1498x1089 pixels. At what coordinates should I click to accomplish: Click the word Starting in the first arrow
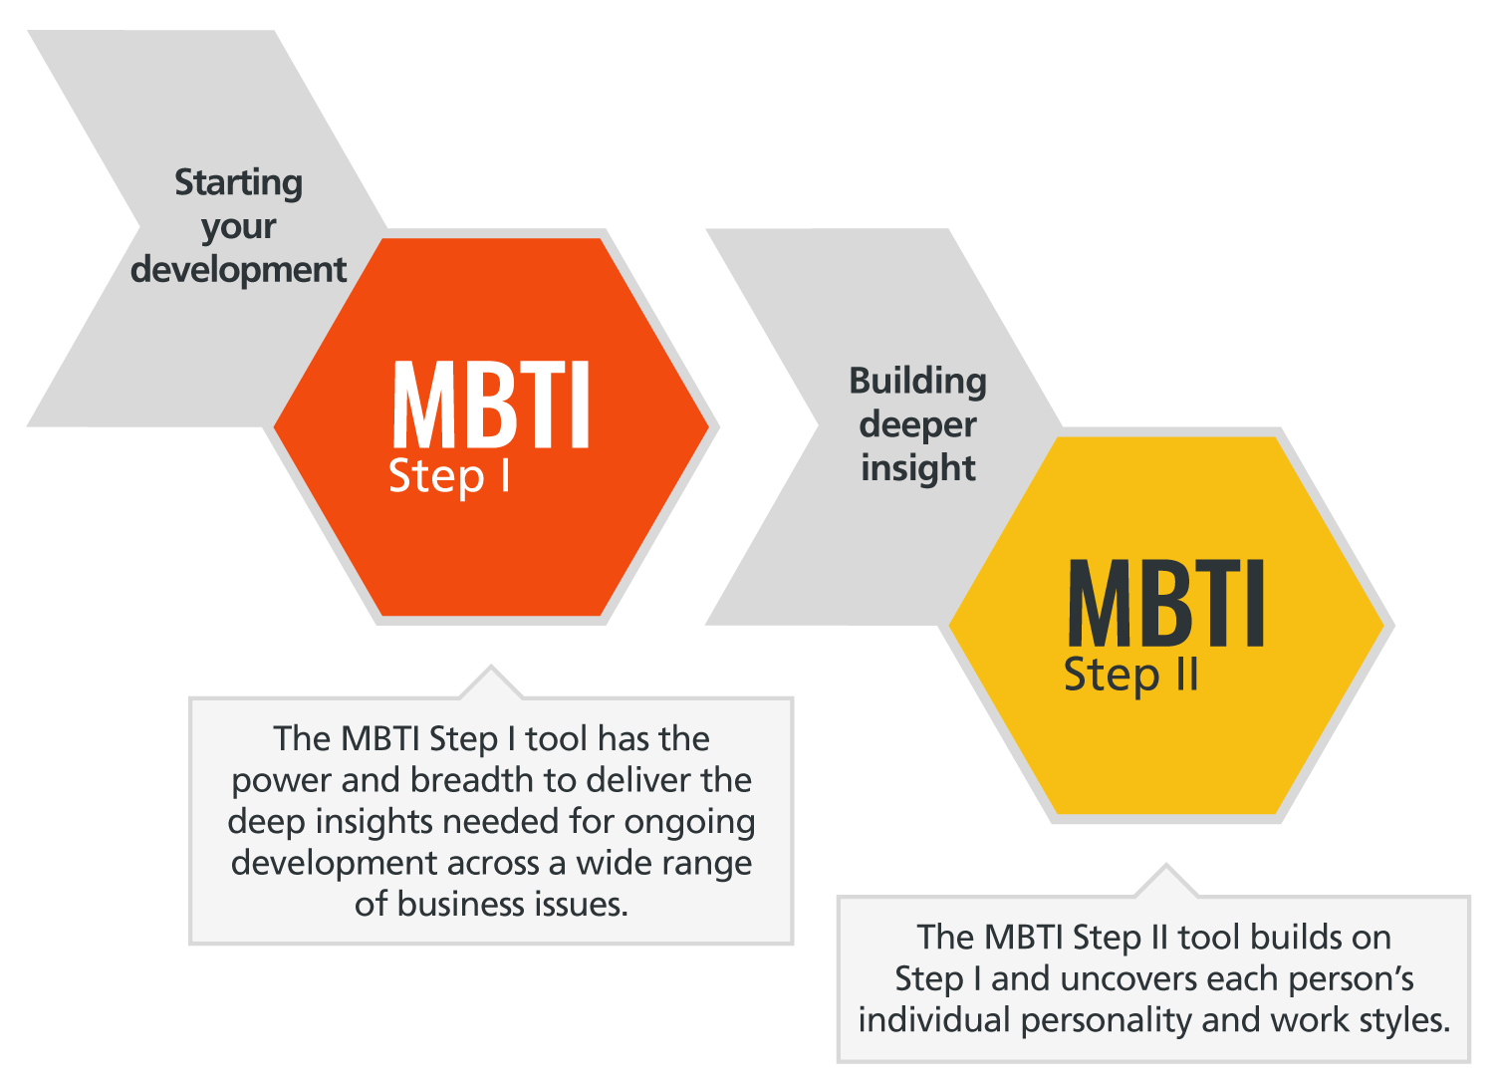pyautogui.click(x=238, y=183)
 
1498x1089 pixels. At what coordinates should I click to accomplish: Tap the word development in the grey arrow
pyautogui.click(x=238, y=270)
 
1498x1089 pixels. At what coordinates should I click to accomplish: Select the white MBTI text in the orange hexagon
pyautogui.click(x=491, y=406)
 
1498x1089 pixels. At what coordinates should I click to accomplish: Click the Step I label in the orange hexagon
pyautogui.click(x=449, y=477)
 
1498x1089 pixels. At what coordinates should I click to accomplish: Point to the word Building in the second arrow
pyautogui.click(x=917, y=382)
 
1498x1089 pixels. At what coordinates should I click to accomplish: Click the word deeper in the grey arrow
pyautogui.click(x=917, y=425)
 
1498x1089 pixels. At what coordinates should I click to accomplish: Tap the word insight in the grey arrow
pyautogui.click(x=917, y=468)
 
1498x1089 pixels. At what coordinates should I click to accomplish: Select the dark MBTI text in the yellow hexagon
pyautogui.click(x=1165, y=604)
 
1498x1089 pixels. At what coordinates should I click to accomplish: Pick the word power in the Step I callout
pyautogui.click(x=281, y=781)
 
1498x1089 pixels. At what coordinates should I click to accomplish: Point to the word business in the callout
pyautogui.click(x=461, y=905)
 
